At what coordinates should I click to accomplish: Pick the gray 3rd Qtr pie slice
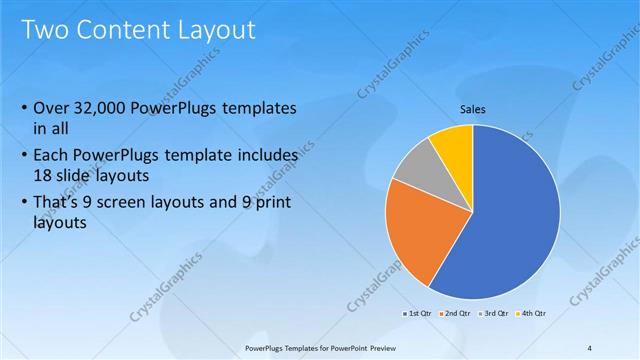point(415,167)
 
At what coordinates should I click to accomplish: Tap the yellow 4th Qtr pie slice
point(454,145)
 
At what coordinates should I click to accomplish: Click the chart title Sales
point(473,109)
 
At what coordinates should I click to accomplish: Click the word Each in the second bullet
point(53,157)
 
